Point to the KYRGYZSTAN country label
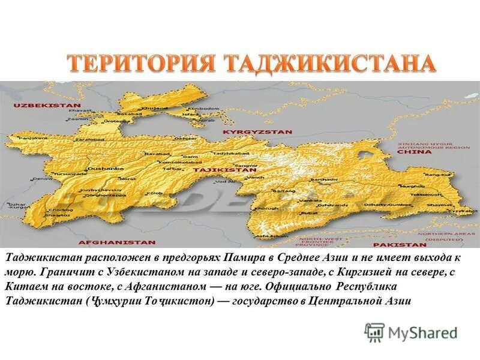(x=257, y=131)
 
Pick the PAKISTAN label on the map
(x=400, y=245)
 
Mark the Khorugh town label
(x=264, y=208)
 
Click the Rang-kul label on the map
(x=433, y=174)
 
